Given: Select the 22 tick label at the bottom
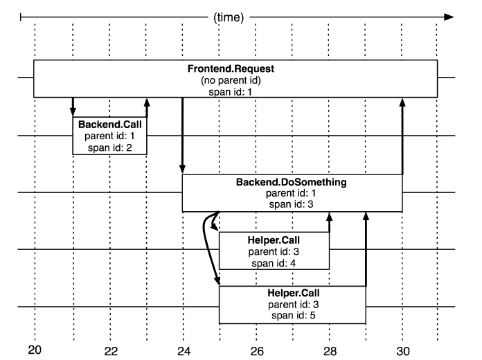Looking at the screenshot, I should coord(110,349).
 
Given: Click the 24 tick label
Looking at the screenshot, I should coord(184,349).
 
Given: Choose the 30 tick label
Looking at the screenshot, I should coord(402,349).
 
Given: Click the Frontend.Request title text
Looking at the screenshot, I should coord(235,71).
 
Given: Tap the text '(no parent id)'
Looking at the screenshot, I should coord(235,81).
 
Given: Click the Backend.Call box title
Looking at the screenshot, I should coord(109,125).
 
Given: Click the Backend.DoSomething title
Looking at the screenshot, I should coord(292,183).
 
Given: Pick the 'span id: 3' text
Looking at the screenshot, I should coord(292,204).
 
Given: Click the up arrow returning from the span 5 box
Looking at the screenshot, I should coord(366,249).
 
